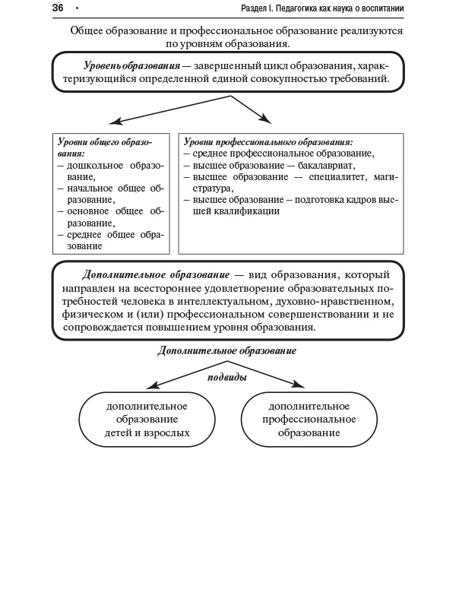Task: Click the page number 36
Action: coord(57,8)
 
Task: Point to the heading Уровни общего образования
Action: coord(104,147)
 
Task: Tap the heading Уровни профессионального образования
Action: coord(268,142)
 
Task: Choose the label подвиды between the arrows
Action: coord(227,376)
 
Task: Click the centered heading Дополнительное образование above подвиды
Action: coord(226,351)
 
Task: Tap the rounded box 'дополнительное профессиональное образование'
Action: coord(309,420)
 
